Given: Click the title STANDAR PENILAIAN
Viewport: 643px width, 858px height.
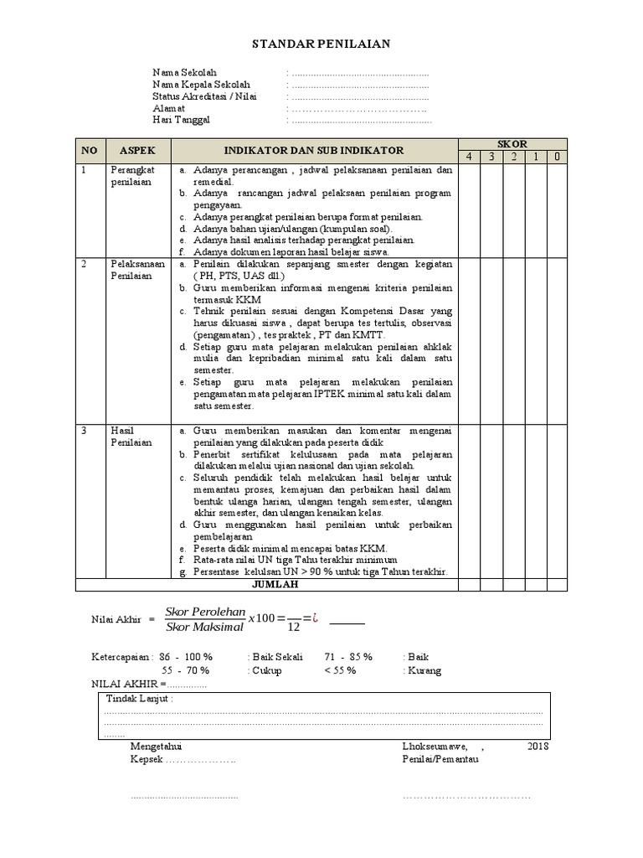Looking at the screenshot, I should point(321,44).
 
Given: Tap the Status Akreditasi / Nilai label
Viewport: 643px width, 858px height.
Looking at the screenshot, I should point(204,96).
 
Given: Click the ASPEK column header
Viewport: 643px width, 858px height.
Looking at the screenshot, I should point(138,151).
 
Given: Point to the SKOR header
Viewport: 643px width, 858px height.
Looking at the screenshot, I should point(512,144).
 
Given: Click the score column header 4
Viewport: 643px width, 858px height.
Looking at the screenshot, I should point(469,157).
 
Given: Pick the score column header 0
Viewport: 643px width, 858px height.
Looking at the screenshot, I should point(557,157).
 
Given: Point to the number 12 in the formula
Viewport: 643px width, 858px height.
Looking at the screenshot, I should point(292,626).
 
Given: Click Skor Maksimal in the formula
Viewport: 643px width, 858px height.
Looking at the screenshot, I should point(205,627).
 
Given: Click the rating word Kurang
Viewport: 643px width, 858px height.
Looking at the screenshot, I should point(421,670).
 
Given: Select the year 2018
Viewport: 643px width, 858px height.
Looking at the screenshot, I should point(538,746).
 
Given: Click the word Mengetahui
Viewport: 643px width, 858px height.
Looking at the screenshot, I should point(157,746).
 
